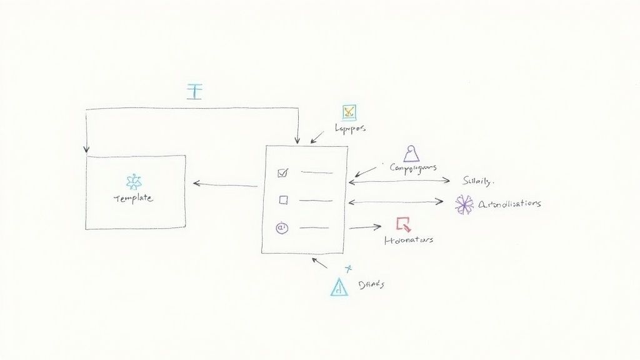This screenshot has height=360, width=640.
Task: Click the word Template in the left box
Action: click(133, 198)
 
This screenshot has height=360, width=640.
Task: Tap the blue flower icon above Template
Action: click(134, 182)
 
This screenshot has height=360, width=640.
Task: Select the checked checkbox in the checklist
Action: click(282, 172)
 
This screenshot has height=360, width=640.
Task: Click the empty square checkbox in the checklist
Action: click(283, 200)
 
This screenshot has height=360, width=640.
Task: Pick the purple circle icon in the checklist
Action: click(281, 228)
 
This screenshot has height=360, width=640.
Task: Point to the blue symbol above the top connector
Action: click(195, 91)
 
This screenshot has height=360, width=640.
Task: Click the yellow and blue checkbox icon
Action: click(349, 112)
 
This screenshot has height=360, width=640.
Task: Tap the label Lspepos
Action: click(350, 128)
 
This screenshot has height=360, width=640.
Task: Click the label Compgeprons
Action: click(412, 167)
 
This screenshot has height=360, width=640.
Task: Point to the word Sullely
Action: click(478, 181)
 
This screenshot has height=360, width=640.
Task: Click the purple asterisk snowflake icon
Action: click(464, 204)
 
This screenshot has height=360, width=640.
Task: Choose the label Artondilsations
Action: click(509, 204)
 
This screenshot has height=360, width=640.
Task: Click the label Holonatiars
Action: click(408, 239)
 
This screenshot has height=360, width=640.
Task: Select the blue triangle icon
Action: click(338, 286)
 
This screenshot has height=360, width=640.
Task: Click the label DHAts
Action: click(372, 284)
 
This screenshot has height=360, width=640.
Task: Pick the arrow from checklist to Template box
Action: click(225, 184)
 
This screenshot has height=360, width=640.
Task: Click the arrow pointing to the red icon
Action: click(366, 227)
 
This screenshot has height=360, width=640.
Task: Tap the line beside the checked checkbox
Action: click(316, 172)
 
